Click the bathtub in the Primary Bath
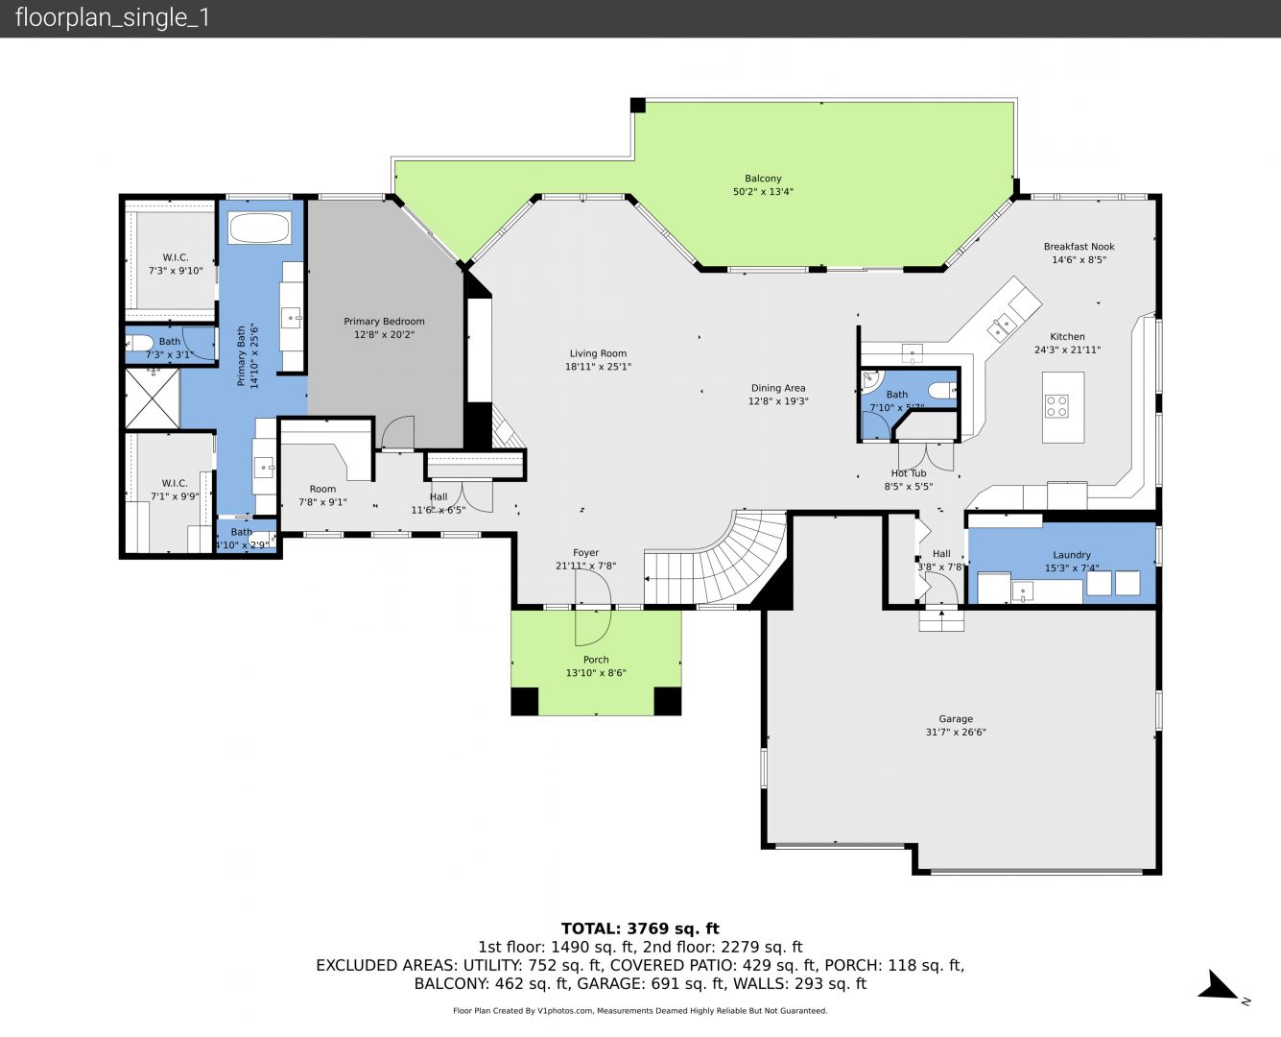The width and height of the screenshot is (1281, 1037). coord(260,228)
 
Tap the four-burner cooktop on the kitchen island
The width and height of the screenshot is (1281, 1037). coord(1056,406)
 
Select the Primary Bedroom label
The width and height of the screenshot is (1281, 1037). coord(384,322)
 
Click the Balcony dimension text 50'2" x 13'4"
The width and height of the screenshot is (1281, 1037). coord(763,192)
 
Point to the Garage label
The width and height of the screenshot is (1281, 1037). coord(956,718)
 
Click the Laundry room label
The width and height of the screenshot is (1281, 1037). coord(1072,555)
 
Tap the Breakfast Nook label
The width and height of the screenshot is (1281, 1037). coord(1079,247)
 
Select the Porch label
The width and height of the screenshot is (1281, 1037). coord(596,660)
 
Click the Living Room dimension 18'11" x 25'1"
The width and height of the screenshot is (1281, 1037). coord(598,367)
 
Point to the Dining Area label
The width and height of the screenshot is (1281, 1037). coord(778,388)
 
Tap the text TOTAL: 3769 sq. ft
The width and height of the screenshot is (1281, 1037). coord(640,928)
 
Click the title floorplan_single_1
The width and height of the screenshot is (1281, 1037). coord(112,18)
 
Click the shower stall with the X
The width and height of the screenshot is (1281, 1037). coord(153,398)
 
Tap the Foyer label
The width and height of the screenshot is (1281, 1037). coord(585,552)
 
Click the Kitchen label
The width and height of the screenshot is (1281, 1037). coord(1067,336)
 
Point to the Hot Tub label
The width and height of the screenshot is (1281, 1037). coord(909,473)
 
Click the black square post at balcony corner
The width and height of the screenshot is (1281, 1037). coord(637,106)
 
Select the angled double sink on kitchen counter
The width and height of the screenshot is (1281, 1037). coord(1002,326)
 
